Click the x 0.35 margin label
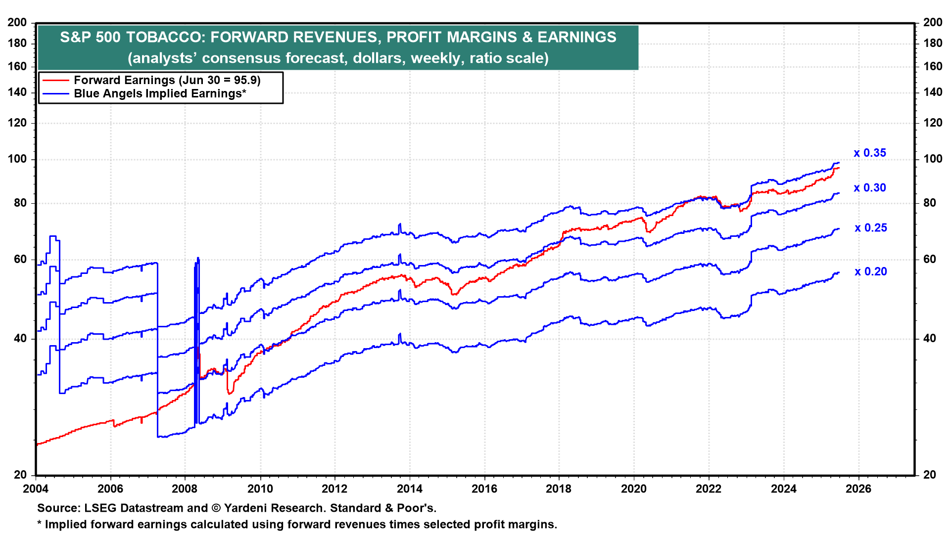(x=870, y=153)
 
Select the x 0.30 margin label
(x=870, y=188)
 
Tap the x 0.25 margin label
(x=871, y=228)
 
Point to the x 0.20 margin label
(x=871, y=272)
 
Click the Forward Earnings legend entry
(x=167, y=80)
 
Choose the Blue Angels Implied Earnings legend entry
(x=160, y=94)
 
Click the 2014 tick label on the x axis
(x=410, y=489)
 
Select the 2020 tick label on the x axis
(x=634, y=489)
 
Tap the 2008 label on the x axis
(x=185, y=489)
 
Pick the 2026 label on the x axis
(x=858, y=489)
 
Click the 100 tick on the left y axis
(x=17, y=159)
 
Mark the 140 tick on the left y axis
(x=17, y=92)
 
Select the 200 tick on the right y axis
(x=933, y=22)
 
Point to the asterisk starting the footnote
(x=40, y=523)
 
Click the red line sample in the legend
(x=55, y=80)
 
